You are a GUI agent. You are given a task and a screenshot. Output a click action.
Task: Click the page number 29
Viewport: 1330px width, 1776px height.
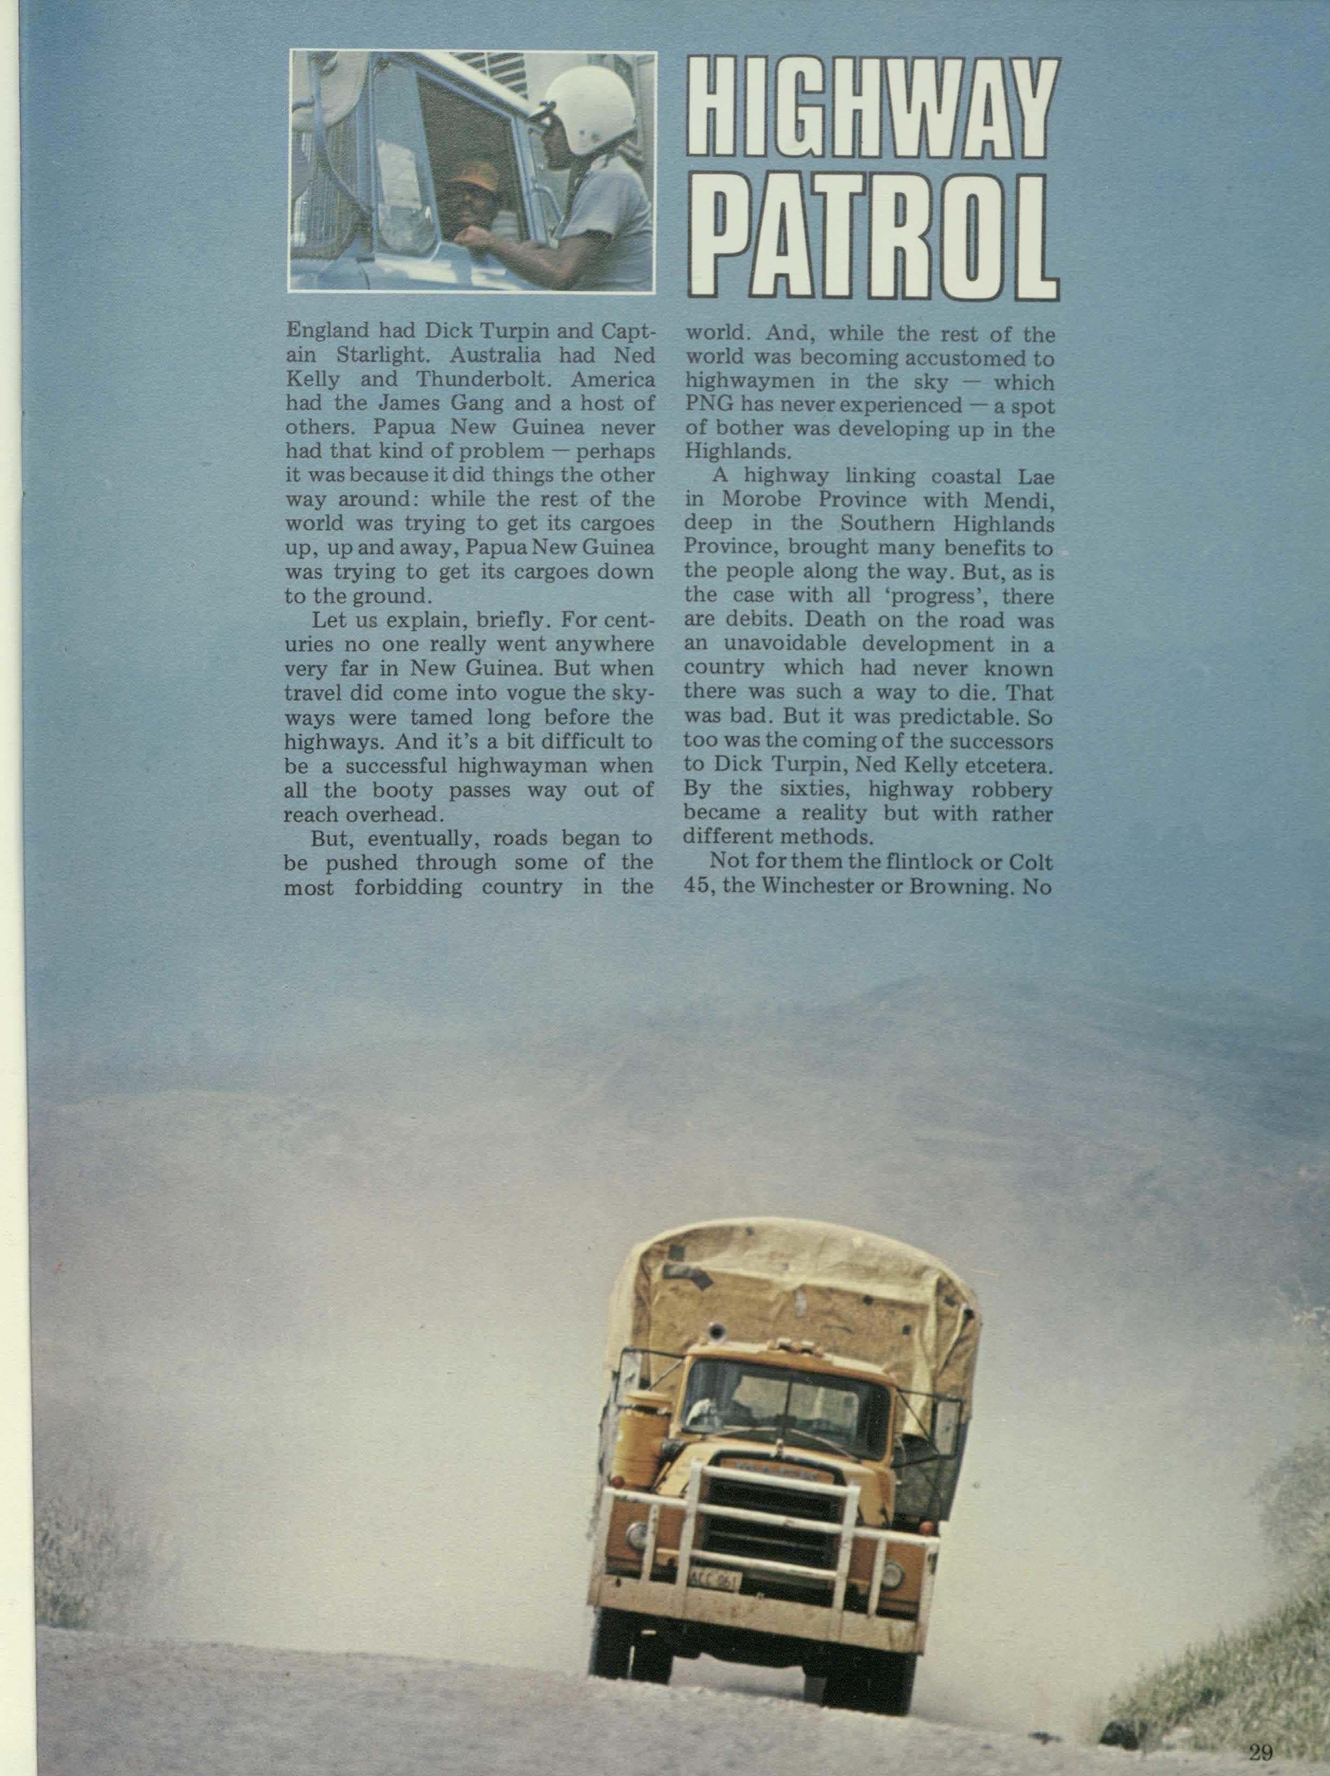coord(1261,1752)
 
